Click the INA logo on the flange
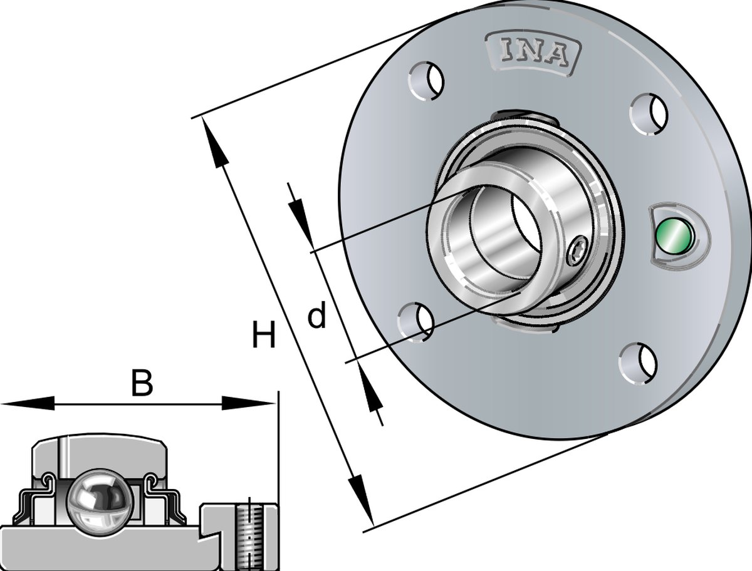click(x=533, y=53)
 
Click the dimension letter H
click(x=263, y=334)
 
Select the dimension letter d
click(x=316, y=316)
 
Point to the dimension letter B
click(x=142, y=383)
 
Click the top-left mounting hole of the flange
click(x=426, y=81)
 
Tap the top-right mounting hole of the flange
click(x=650, y=115)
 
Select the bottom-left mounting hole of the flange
click(x=415, y=322)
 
